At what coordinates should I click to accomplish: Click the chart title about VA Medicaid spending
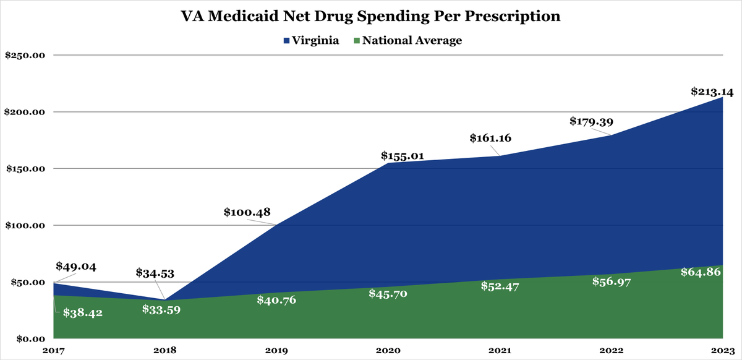[x=371, y=17]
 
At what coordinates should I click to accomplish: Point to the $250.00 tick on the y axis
[x=25, y=55]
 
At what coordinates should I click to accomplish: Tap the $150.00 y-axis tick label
[x=25, y=169]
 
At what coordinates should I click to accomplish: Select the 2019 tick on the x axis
[x=276, y=351]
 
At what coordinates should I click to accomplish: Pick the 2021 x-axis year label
[x=499, y=351]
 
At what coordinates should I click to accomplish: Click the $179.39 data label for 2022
[x=591, y=121]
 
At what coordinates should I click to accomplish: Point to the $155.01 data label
[x=402, y=156]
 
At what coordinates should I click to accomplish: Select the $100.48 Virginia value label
[x=246, y=212]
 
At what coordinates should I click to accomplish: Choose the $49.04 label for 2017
[x=76, y=267]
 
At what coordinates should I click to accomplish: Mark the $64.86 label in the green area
[x=702, y=272]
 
